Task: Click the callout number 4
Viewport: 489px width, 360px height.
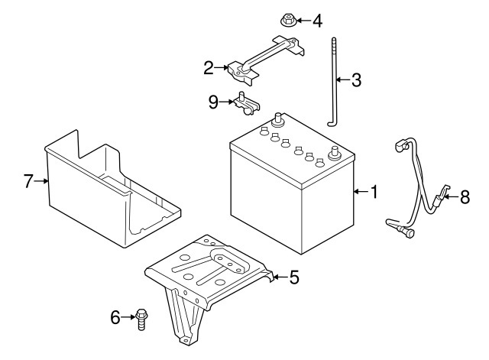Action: tap(318, 21)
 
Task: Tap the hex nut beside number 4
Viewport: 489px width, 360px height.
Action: tap(288, 21)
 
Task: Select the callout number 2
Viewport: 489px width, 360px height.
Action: tap(209, 68)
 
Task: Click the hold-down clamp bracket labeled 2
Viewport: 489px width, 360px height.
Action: tap(265, 61)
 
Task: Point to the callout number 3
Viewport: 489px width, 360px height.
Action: tap(356, 79)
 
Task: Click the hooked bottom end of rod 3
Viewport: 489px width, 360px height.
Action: tap(331, 124)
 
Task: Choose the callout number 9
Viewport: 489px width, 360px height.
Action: tap(213, 102)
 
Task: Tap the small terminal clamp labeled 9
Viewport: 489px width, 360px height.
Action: tap(246, 103)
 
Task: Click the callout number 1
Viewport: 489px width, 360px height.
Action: tap(374, 192)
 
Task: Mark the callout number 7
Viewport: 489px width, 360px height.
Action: tap(28, 181)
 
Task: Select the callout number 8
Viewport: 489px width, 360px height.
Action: tap(465, 197)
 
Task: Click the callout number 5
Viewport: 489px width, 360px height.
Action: tap(294, 277)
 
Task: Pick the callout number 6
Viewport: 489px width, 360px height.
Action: tap(115, 317)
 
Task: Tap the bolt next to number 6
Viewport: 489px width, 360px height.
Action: tap(141, 319)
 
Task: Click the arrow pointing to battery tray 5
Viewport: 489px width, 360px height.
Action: tap(280, 277)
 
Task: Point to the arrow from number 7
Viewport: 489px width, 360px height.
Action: tap(41, 180)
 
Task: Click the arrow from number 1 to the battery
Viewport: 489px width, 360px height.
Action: tap(361, 192)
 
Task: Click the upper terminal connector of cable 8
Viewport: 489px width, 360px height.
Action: tap(402, 146)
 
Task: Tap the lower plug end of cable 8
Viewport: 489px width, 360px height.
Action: tap(408, 232)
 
